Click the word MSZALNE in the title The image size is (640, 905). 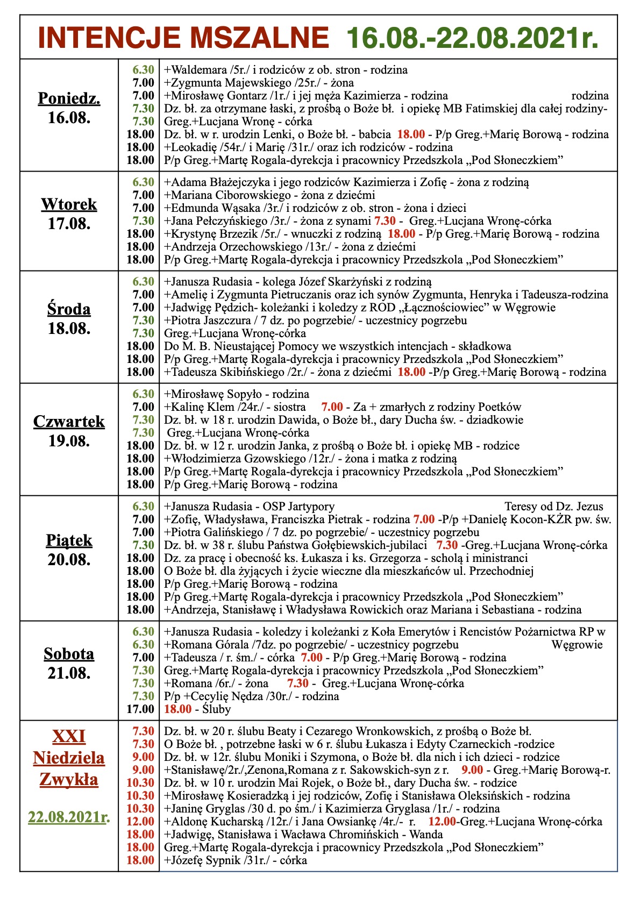tap(257, 38)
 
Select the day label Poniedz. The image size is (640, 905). tap(69, 98)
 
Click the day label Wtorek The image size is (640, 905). tap(69, 204)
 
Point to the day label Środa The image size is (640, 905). tap(69, 309)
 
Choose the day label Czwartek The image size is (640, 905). tap(69, 421)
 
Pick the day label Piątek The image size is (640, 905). tap(69, 540)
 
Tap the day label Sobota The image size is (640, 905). tap(69, 654)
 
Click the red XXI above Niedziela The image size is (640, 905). tap(69, 736)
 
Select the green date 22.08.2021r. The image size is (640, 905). tap(69, 817)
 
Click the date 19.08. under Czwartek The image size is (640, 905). tap(69, 441)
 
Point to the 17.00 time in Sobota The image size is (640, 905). tap(140, 709)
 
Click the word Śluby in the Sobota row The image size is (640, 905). tap(217, 709)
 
